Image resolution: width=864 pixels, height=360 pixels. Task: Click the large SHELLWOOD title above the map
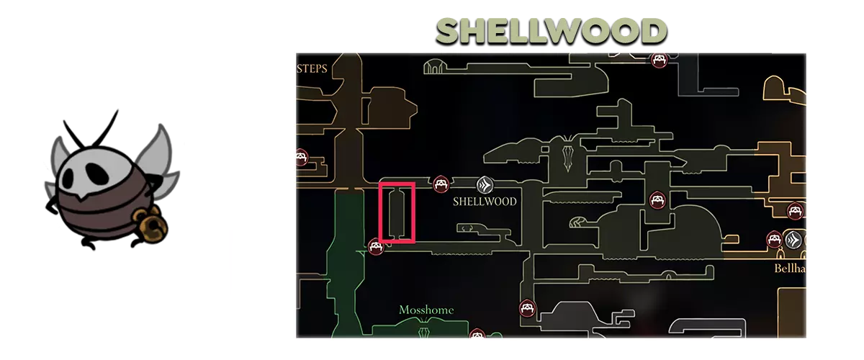point(552,31)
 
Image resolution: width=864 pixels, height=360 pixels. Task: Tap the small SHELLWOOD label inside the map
point(485,202)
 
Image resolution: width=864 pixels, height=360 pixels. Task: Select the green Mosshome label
point(426,310)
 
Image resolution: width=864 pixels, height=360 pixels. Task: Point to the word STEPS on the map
point(312,68)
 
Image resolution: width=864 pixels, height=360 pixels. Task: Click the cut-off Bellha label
point(790,268)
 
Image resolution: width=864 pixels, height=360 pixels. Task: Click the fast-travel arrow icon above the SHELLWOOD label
point(485,185)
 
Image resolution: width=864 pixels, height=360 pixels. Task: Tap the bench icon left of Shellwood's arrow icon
point(441,184)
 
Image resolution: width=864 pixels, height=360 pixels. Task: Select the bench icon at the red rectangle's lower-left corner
point(376,247)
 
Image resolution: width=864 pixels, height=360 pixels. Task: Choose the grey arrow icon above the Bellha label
point(793,240)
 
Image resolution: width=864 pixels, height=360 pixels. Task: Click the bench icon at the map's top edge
point(660,60)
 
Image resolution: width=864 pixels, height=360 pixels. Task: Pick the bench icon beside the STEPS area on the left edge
point(302,158)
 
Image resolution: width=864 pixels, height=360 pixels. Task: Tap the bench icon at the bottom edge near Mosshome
point(477,334)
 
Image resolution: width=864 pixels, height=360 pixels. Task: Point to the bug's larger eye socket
point(96,174)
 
